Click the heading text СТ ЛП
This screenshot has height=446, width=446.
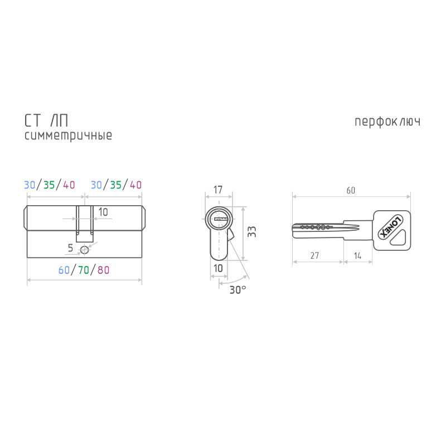coord(46,120)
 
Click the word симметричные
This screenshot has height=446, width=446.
coord(68,135)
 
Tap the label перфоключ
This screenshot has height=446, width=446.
coord(387,122)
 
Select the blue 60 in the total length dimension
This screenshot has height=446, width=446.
coord(64,270)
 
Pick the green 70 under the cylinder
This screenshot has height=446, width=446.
coord(83,270)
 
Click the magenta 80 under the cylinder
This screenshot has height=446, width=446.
coord(103,270)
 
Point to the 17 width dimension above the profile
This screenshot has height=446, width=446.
coord(218,190)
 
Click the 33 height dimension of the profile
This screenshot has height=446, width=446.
coord(252,231)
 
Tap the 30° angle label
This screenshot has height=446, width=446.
coord(238,290)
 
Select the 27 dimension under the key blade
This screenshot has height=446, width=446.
coord(314,255)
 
